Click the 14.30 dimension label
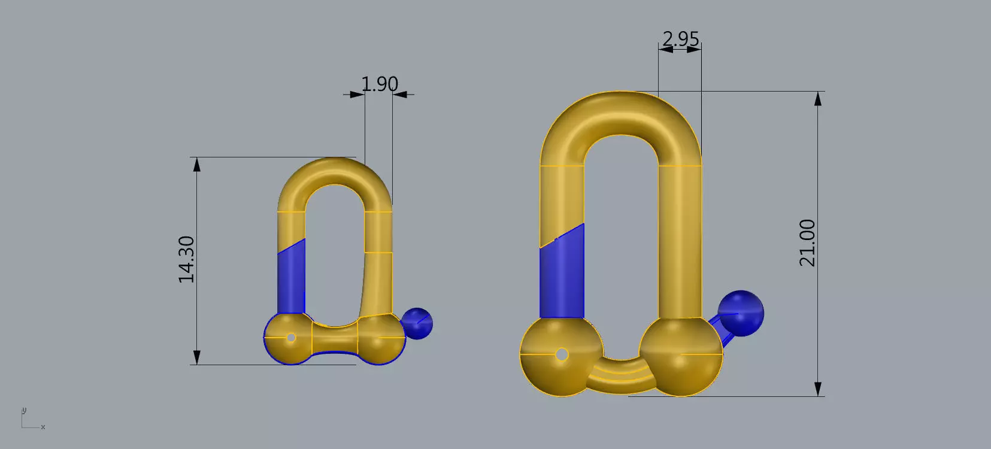coord(187,259)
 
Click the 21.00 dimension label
coord(808,242)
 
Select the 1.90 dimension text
coord(380,84)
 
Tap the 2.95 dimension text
coord(681,39)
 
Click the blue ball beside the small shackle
coord(417,323)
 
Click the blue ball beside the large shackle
coord(741,313)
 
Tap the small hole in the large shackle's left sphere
coord(562,354)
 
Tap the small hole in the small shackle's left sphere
coord(291,338)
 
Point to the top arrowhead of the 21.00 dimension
coord(818,98)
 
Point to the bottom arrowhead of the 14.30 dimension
coord(196,358)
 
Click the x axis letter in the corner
coord(43,427)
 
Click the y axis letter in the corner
coord(24,411)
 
